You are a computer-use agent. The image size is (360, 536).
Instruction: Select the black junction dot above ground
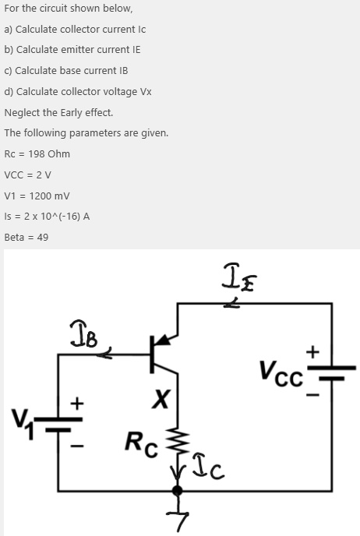[x=178, y=491]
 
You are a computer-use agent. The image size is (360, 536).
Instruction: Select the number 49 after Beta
[x=42, y=237]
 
